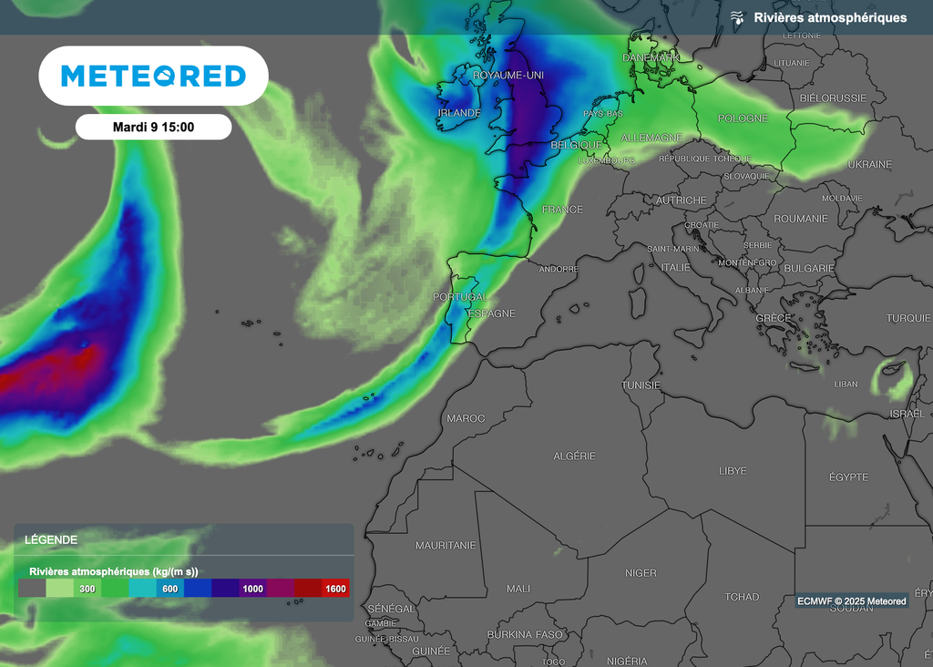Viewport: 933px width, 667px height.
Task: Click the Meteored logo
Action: point(153,76)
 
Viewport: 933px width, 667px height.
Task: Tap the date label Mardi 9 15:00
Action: point(153,127)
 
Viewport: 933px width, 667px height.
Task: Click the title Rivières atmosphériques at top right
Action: point(830,17)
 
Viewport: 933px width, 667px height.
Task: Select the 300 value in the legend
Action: point(87,589)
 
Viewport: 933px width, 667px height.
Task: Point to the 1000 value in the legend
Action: point(252,589)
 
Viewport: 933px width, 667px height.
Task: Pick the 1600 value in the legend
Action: point(335,589)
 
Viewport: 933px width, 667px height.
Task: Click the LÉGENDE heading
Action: point(51,539)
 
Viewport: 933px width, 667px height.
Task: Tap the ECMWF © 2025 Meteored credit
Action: point(851,601)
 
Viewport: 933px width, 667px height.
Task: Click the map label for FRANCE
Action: point(562,210)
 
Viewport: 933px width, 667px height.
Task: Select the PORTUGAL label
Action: point(460,297)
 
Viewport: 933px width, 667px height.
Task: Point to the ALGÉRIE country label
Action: point(575,455)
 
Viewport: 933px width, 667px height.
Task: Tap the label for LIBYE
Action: point(733,471)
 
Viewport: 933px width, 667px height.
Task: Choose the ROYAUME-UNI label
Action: point(508,76)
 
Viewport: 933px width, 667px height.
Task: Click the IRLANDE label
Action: point(459,113)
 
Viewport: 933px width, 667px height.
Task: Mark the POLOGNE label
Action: point(743,118)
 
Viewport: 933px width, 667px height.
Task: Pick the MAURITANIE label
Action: point(446,545)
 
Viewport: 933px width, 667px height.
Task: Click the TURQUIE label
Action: point(908,318)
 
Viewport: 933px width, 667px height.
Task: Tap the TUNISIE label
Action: point(641,385)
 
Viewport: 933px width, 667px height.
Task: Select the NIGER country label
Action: point(641,573)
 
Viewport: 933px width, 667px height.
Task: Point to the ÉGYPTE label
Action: point(848,477)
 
